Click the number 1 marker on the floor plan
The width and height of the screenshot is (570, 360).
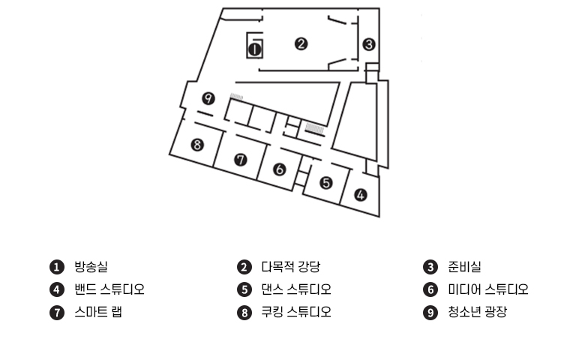pos(254,49)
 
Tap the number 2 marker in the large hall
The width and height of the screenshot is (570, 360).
pos(301,43)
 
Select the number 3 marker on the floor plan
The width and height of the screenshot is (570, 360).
pos(368,44)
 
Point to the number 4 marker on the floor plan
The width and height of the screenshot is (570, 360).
pos(361,195)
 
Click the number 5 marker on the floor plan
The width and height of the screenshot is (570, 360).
pos(325,182)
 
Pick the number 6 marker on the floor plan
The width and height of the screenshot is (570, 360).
pos(280,169)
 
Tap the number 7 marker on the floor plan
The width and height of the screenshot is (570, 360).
pos(240,159)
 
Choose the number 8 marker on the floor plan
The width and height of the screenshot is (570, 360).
pos(197,145)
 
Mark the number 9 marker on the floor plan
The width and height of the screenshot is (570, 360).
pos(208,98)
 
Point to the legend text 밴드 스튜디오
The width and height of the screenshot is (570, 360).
pos(109,289)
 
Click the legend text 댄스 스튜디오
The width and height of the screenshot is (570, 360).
pos(295,289)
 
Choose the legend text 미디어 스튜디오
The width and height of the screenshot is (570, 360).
pos(488,289)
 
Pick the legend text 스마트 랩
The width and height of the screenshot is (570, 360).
pos(97,312)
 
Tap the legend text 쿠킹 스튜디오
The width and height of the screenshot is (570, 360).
pos(295,312)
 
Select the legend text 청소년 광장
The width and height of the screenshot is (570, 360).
pos(477,312)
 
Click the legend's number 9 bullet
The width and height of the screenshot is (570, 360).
pos(430,313)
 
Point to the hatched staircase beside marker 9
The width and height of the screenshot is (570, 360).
pos(238,97)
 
